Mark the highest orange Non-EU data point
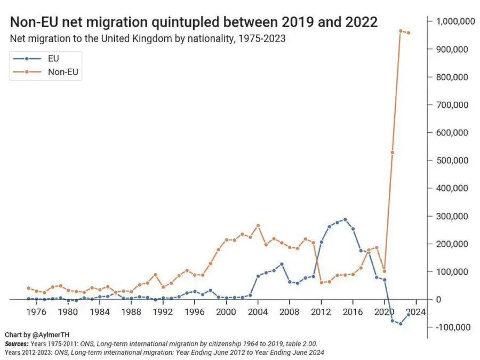401,31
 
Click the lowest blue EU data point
401,324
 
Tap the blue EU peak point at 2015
345,219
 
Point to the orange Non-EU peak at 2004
258,225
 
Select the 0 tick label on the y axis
438,299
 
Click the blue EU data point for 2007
282,264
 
